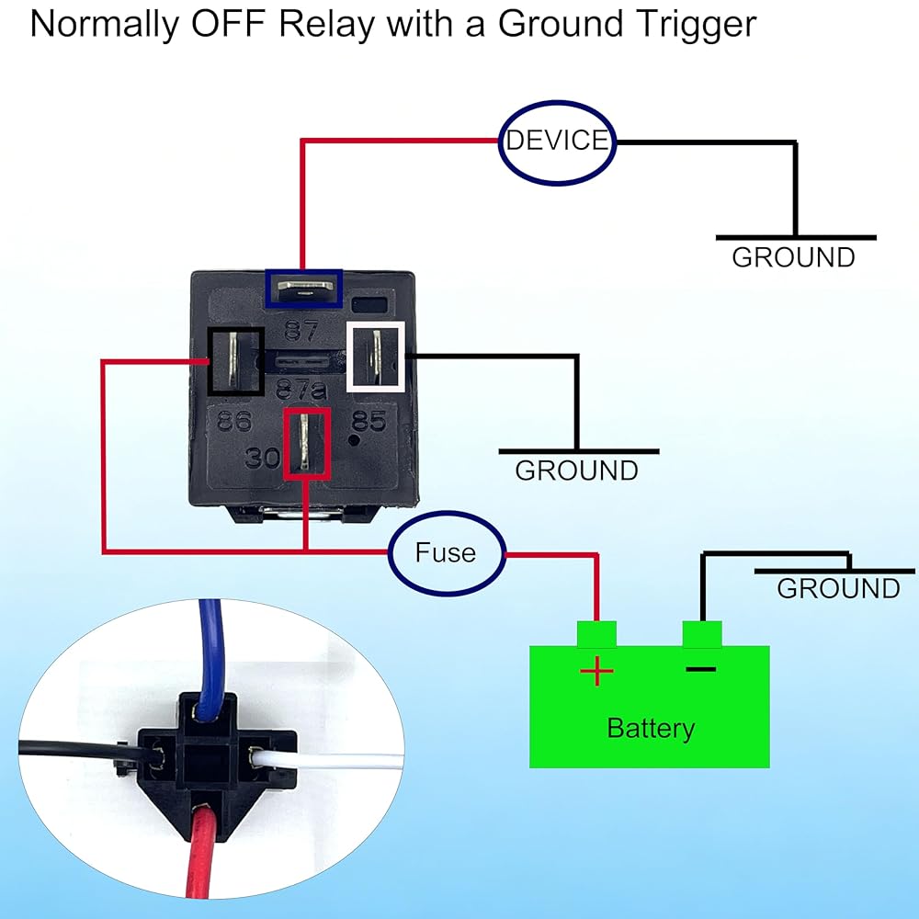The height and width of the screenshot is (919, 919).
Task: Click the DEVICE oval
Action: point(557,142)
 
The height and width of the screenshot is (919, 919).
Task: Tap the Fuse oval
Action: point(447,552)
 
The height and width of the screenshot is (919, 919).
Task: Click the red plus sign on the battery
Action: point(596,673)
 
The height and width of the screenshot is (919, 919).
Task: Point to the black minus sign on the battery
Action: point(700,669)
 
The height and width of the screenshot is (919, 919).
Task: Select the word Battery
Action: point(651,729)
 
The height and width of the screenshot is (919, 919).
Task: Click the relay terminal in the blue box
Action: point(303,288)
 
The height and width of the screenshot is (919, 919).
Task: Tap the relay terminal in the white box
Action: point(375,356)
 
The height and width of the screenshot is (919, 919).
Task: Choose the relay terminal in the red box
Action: point(306,443)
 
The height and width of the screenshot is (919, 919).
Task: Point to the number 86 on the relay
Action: point(234,422)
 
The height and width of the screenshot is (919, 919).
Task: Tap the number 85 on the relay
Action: point(369,422)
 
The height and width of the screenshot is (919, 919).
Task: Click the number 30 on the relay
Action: point(262,457)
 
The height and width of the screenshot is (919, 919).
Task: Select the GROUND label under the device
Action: point(793,257)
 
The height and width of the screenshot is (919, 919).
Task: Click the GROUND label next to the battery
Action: point(838,588)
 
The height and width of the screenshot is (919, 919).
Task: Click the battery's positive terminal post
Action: point(596,633)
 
